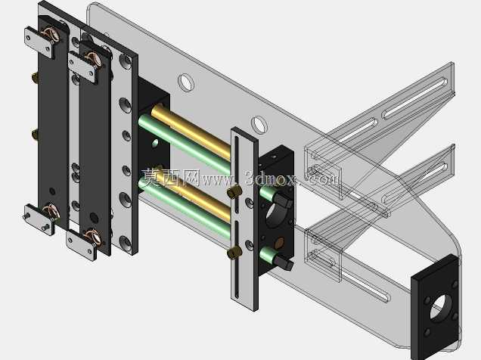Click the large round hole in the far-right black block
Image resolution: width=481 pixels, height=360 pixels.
coord(441,308)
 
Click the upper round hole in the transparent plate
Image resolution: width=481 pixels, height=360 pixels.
coord(186,82)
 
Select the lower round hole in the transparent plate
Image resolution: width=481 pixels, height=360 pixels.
coord(259,124)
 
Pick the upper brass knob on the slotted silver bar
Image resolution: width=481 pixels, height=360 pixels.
coord(234,191)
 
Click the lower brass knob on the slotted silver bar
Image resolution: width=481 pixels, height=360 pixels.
coord(234,253)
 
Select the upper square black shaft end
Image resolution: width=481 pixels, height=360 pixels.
coord(283,200)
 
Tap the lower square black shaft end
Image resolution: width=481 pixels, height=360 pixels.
coord(284,262)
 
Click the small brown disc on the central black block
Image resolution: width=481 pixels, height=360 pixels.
coord(280,244)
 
